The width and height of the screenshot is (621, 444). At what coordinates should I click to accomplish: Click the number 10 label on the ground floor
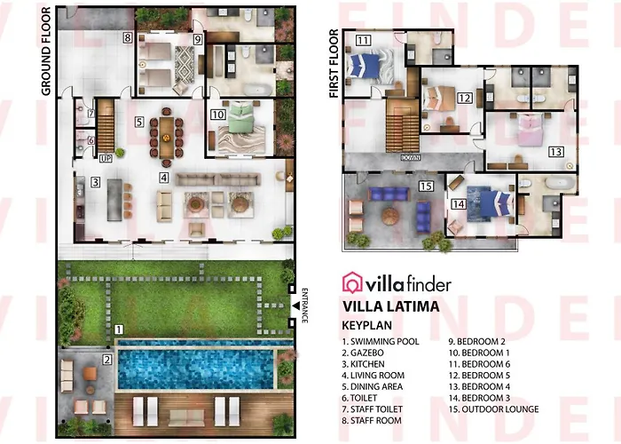click(218, 115)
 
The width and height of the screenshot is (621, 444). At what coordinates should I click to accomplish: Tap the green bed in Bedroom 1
click(241, 116)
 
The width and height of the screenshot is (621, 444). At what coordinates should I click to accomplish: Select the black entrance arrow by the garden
click(295, 305)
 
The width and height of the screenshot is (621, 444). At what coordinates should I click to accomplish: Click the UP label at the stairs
click(106, 159)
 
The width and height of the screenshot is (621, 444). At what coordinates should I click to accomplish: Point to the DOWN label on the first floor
click(410, 158)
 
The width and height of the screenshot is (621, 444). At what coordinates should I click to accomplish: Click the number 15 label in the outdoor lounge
click(426, 186)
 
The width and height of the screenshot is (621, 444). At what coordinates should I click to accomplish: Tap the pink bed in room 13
click(530, 130)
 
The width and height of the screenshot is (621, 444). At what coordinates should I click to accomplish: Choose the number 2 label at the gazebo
click(107, 360)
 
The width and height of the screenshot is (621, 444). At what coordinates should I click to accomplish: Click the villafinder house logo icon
click(352, 282)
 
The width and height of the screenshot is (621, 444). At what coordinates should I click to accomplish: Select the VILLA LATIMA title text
click(391, 306)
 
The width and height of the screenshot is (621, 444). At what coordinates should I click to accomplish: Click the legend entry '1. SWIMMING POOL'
click(381, 341)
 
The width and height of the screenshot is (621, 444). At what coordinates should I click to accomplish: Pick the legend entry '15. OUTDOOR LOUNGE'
click(494, 409)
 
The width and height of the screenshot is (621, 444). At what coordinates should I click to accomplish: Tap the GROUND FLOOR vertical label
click(46, 52)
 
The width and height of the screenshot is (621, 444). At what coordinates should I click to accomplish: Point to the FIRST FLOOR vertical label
click(334, 63)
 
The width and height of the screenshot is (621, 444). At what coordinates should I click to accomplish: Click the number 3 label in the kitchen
click(95, 182)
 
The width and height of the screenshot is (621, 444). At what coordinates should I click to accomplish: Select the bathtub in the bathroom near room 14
click(560, 183)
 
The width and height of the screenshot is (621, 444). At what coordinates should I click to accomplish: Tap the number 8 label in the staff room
click(127, 38)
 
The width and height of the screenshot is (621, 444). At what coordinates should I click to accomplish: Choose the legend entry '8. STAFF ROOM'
click(372, 420)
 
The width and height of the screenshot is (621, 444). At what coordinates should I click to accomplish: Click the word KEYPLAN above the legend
click(367, 326)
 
